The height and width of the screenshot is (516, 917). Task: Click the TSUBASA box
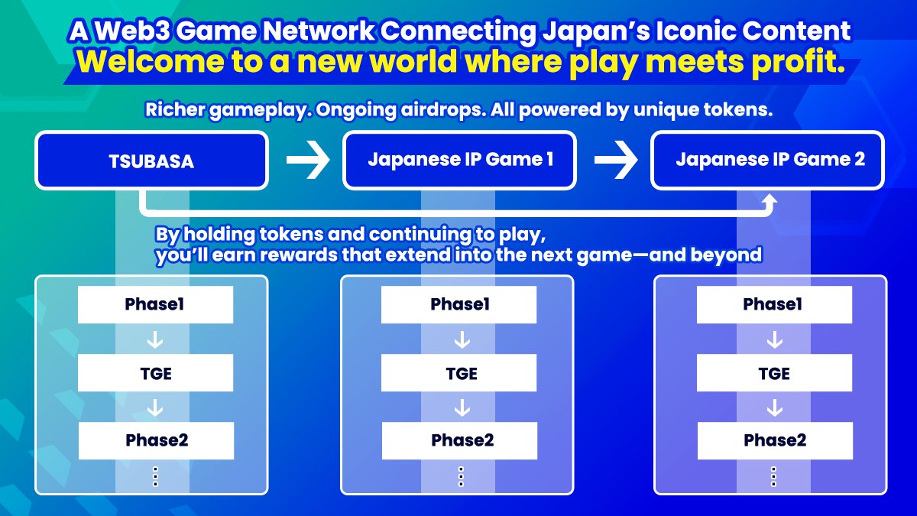click(151, 161)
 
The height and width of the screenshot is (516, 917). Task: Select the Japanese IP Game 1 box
click(460, 161)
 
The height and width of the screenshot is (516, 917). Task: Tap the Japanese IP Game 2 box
click(767, 161)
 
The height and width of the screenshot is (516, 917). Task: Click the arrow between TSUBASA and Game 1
click(307, 161)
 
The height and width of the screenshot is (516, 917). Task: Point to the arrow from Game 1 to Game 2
click(616, 161)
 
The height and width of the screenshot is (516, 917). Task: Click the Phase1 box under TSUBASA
click(155, 305)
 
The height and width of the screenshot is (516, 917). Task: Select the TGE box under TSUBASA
click(155, 373)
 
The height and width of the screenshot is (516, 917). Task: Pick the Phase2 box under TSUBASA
click(155, 441)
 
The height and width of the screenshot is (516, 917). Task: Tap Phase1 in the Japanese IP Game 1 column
click(459, 305)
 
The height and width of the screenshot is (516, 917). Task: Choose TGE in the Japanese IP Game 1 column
click(459, 373)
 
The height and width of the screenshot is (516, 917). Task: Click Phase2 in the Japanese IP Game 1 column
click(459, 441)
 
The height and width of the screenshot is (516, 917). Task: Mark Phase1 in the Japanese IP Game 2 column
click(773, 305)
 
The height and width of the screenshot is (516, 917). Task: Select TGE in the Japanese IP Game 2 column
click(773, 373)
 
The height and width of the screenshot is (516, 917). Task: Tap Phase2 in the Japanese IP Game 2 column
click(773, 441)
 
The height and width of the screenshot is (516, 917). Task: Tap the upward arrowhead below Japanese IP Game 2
click(770, 200)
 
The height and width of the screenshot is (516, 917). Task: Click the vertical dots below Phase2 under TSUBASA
click(155, 476)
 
